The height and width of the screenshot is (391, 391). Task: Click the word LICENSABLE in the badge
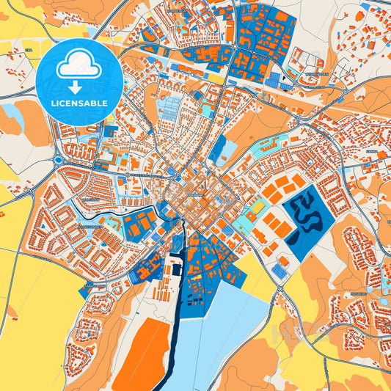click(x=79, y=103)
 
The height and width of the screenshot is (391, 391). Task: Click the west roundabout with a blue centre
click(x=58, y=160)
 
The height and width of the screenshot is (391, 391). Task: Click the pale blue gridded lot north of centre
click(x=169, y=110)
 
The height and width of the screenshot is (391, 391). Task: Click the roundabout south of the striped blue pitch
click(x=279, y=290)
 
